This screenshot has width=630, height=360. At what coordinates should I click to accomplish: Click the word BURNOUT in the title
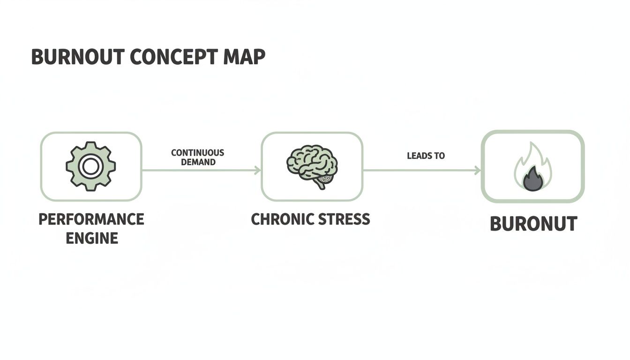(77, 57)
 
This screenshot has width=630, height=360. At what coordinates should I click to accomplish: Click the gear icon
(90, 166)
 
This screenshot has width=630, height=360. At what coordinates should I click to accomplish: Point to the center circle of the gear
(90, 166)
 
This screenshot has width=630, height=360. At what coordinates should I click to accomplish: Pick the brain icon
(312, 165)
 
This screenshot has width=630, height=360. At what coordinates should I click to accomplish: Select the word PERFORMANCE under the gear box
(91, 219)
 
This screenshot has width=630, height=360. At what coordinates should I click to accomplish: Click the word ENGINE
(92, 238)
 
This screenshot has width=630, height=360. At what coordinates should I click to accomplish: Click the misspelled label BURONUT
(533, 224)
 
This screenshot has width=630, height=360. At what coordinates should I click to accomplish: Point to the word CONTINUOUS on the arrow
(197, 153)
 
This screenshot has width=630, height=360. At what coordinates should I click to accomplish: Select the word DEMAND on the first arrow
(198, 162)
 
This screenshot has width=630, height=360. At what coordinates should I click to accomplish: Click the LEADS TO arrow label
(426, 156)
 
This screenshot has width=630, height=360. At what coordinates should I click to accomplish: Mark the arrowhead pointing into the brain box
(257, 171)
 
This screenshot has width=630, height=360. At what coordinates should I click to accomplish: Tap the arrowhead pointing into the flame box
(478, 171)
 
